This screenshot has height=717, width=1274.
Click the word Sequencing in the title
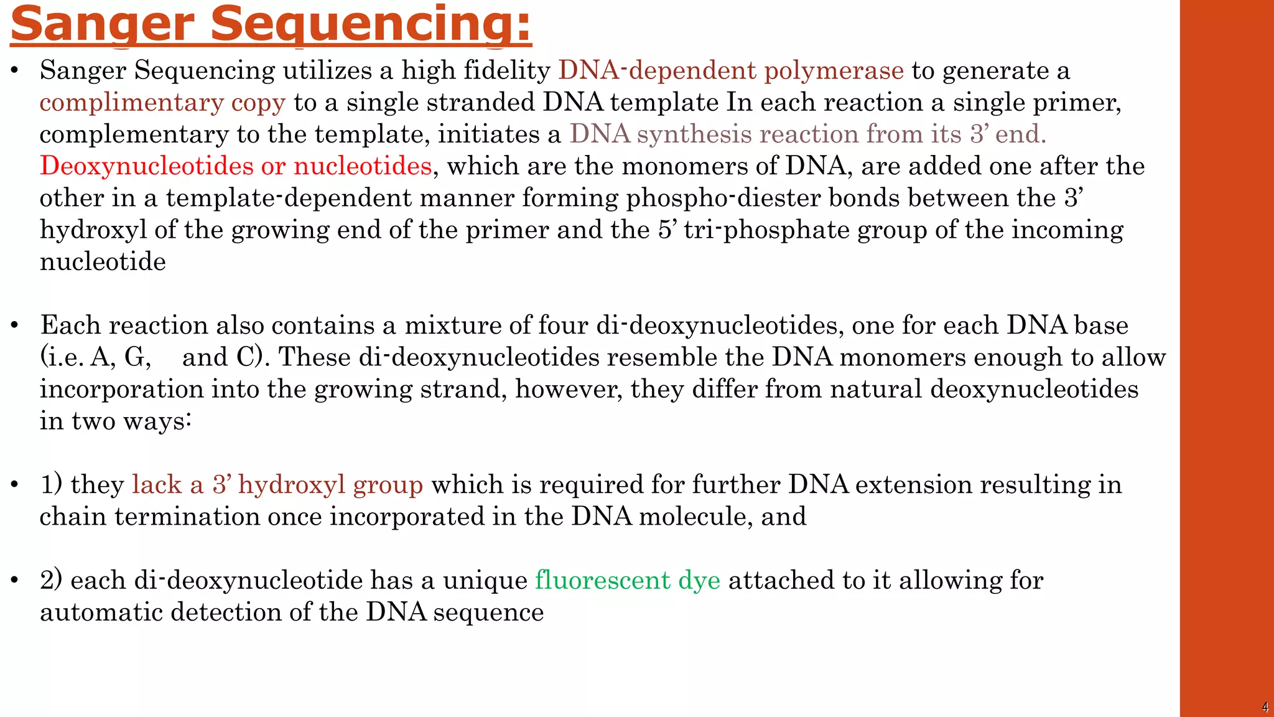(371, 24)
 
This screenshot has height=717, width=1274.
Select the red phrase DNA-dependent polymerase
(731, 70)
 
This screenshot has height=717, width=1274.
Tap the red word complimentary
(131, 103)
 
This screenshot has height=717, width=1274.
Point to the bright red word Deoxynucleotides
(147, 166)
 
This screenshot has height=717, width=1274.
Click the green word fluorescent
(602, 580)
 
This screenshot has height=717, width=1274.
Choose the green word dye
(699, 580)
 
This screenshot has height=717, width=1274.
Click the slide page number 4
(1265, 707)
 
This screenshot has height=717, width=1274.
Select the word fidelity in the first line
(507, 70)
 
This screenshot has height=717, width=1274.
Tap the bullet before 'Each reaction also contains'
(15, 326)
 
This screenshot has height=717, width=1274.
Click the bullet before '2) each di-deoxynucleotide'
(15, 580)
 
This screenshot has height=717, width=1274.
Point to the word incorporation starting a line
(121, 390)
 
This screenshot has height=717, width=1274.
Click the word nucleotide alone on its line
(103, 261)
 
